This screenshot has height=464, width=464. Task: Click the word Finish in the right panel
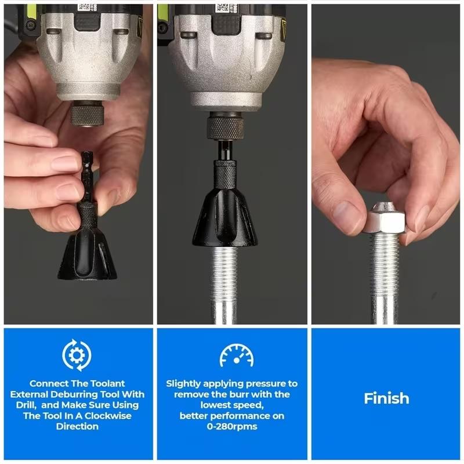point(386,399)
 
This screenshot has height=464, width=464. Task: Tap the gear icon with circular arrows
point(77,355)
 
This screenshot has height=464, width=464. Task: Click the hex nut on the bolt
point(383,221)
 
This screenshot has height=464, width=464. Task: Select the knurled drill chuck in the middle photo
point(224,126)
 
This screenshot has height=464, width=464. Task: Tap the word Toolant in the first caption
point(106,383)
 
